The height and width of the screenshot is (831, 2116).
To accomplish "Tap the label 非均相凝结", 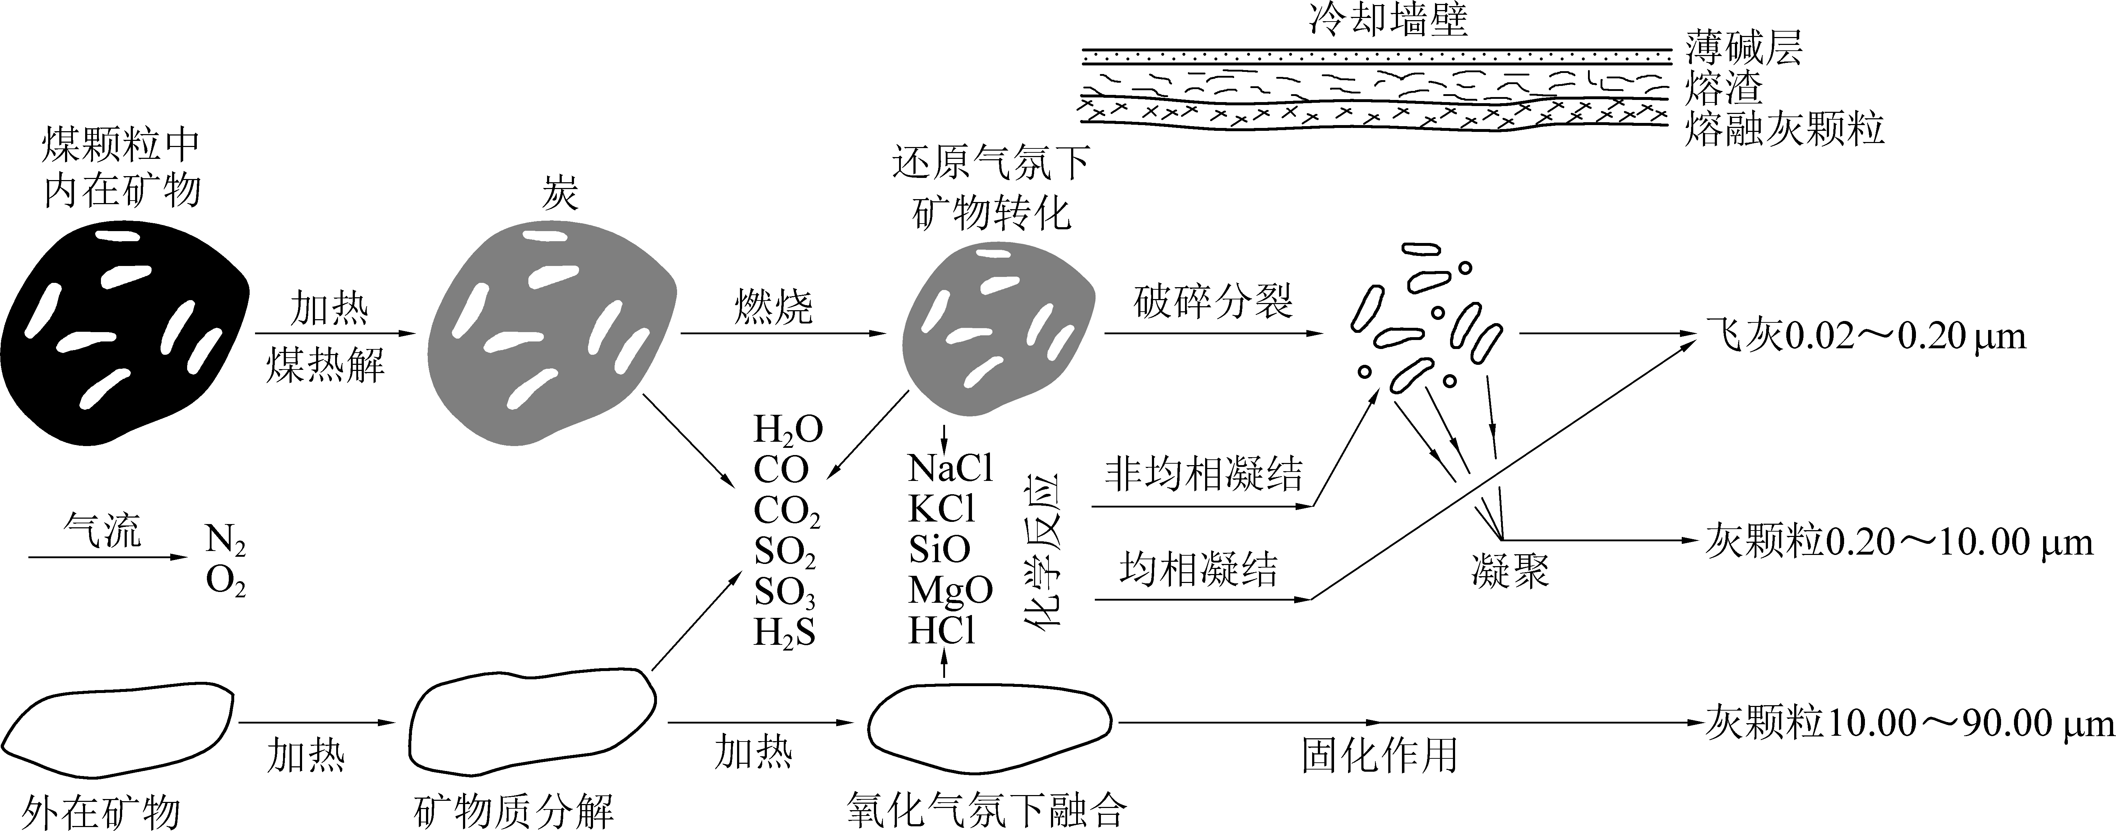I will (1203, 474).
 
